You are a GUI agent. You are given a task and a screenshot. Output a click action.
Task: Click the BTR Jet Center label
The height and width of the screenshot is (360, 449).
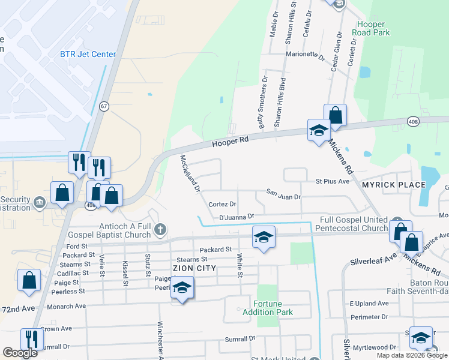[x=88, y=54]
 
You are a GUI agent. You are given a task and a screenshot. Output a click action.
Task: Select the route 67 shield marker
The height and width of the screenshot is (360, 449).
[x=104, y=106]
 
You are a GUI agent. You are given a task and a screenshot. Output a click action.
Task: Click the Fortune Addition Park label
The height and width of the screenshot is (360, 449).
[x=268, y=308]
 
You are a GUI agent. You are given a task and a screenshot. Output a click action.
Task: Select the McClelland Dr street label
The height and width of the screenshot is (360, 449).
[x=190, y=174]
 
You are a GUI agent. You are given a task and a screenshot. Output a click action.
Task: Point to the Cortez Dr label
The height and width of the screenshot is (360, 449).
[x=223, y=205]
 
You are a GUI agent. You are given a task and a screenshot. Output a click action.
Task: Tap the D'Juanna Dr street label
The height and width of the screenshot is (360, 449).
[x=237, y=216]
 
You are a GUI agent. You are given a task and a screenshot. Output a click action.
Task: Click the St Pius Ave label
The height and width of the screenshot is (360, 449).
[x=332, y=181]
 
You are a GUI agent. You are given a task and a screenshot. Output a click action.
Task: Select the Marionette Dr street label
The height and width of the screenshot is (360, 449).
[x=305, y=55]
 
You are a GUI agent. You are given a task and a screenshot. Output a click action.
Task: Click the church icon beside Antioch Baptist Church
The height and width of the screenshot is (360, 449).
[x=160, y=229]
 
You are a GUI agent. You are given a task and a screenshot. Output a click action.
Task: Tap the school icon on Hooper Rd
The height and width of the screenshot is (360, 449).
[x=319, y=130]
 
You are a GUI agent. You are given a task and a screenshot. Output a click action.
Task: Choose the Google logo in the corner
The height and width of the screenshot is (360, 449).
[x=20, y=353]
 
